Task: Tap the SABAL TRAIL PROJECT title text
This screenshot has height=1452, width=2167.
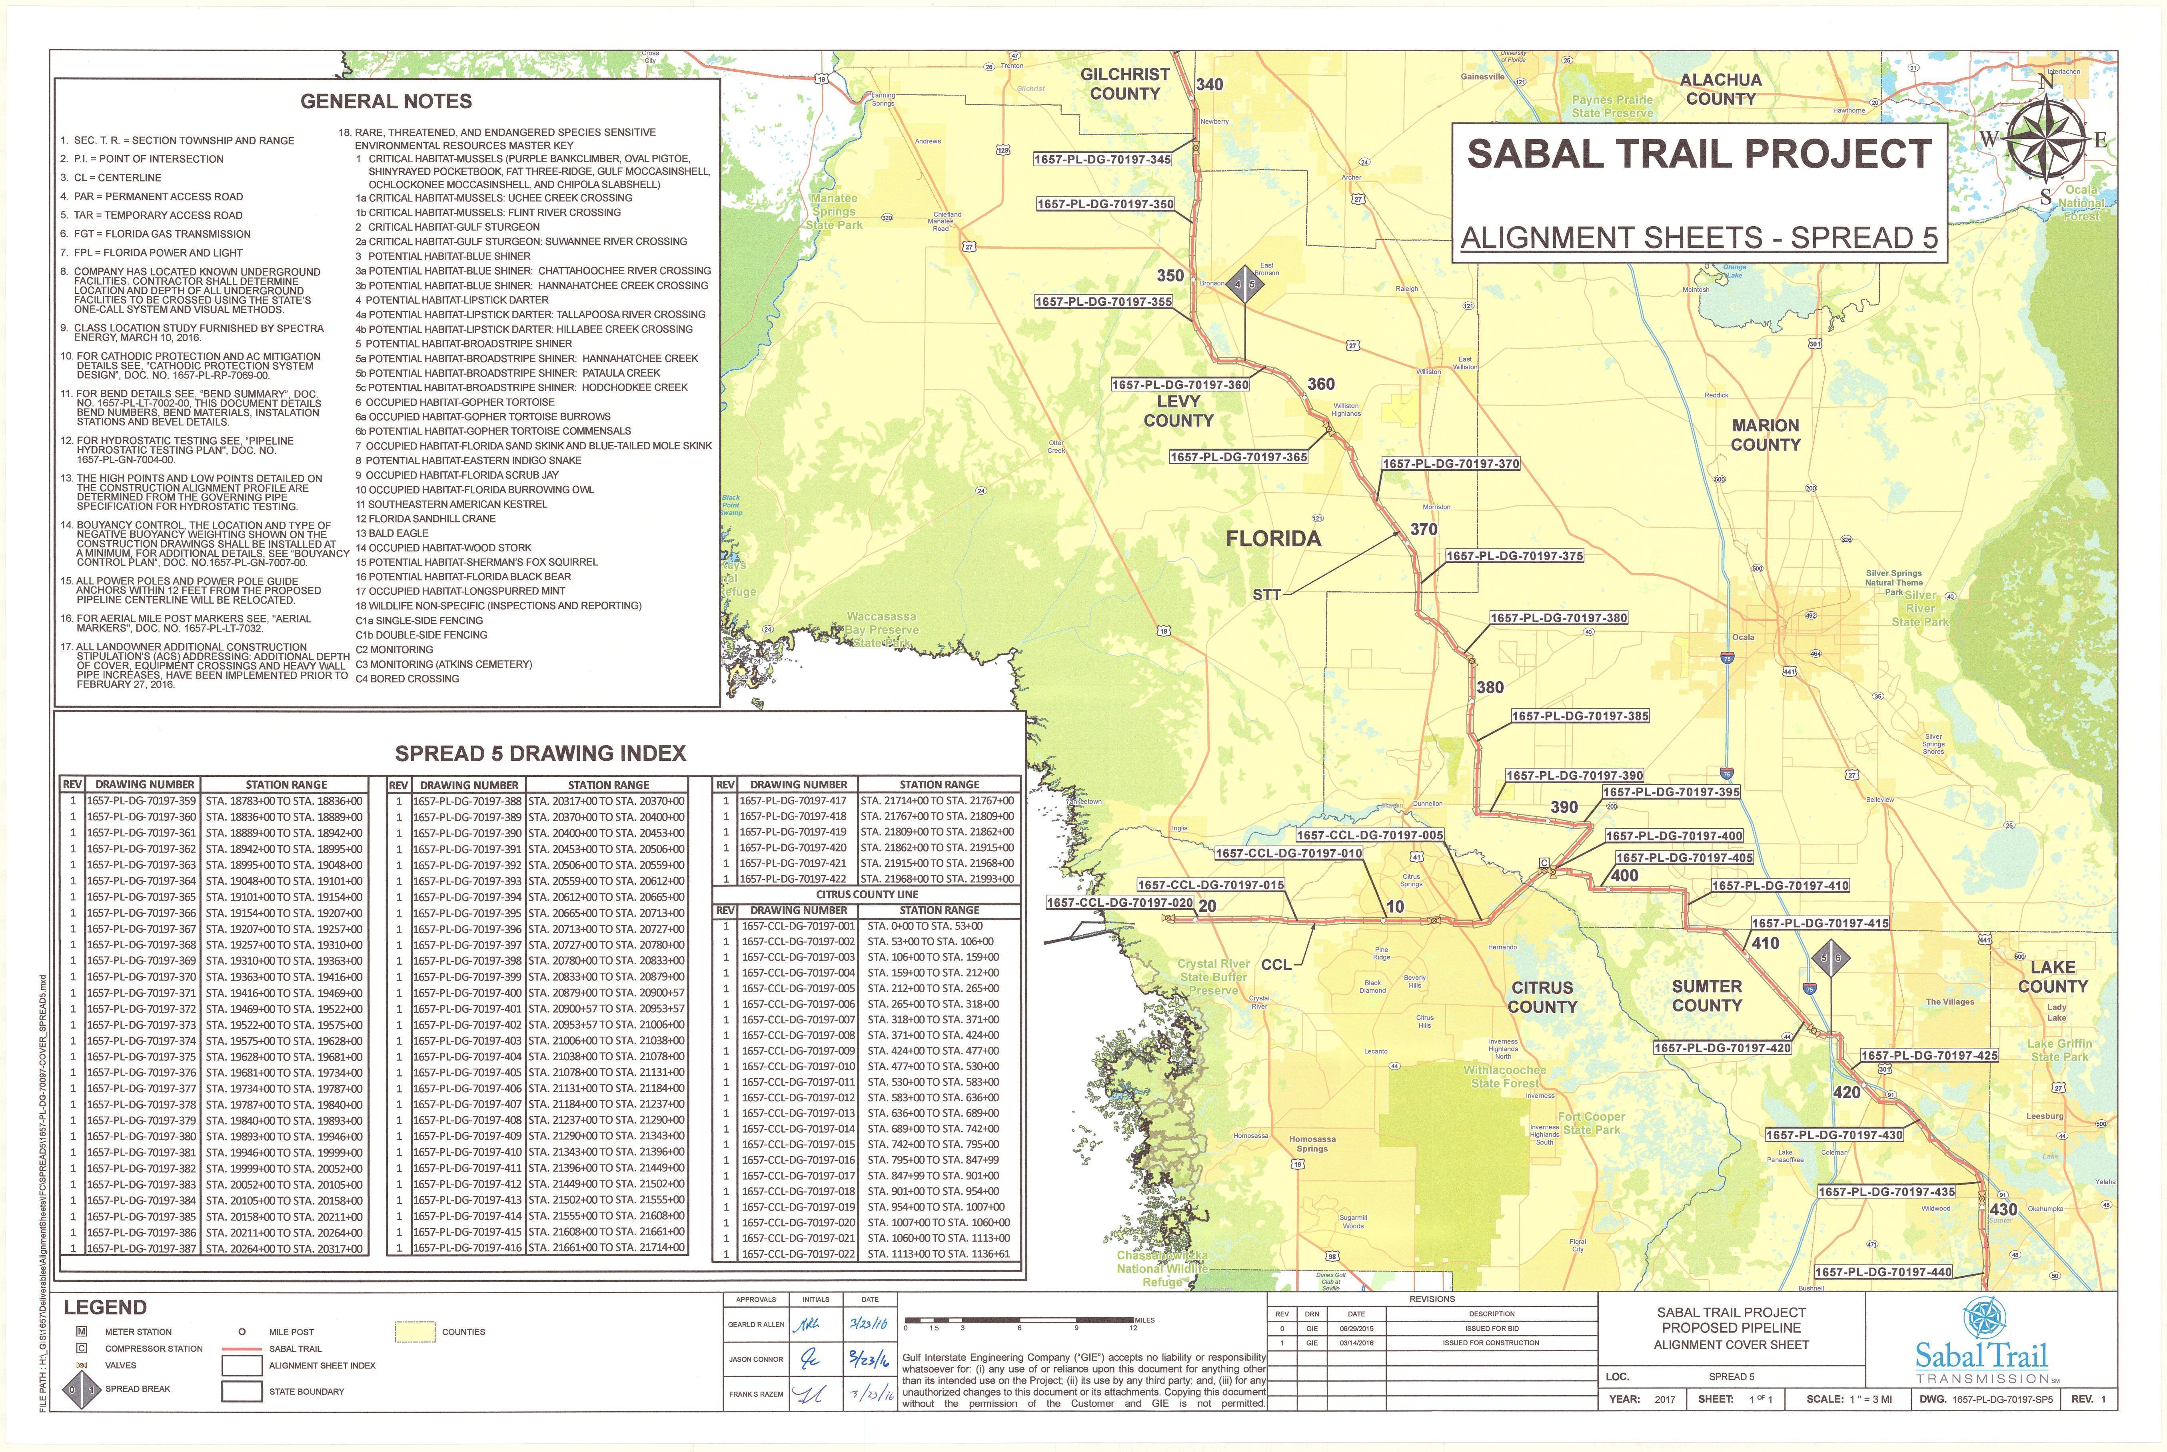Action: coord(1698,154)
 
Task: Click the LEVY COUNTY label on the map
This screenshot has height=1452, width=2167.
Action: coord(1178,411)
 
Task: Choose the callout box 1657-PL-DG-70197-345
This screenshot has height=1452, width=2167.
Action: coord(1102,159)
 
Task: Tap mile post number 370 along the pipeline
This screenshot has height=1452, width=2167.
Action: coord(1423,530)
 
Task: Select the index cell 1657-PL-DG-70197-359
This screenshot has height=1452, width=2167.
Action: coord(142,801)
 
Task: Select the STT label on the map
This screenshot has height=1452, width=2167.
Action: coord(1266,594)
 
